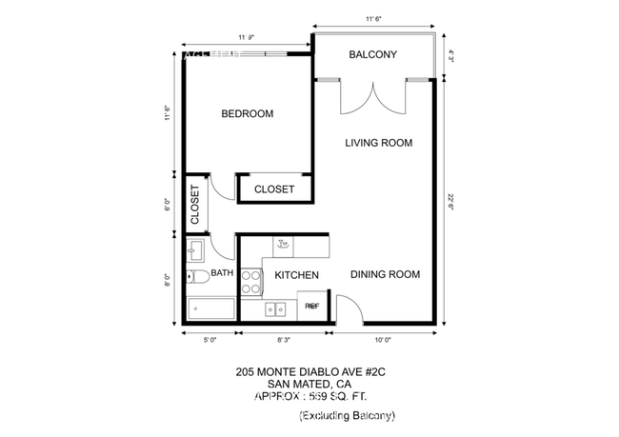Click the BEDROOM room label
tap(247, 114)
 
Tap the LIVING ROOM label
tap(378, 144)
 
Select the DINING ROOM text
tap(385, 274)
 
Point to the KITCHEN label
tap(296, 275)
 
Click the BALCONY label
tap(372, 54)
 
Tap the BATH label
tap(222, 273)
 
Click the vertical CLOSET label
tap(195, 204)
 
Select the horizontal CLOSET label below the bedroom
tap(274, 189)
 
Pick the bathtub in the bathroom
tap(210, 308)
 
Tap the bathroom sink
tap(197, 250)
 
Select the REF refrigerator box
tap(311, 307)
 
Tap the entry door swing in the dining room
tap(347, 308)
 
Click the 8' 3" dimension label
tap(284, 338)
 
